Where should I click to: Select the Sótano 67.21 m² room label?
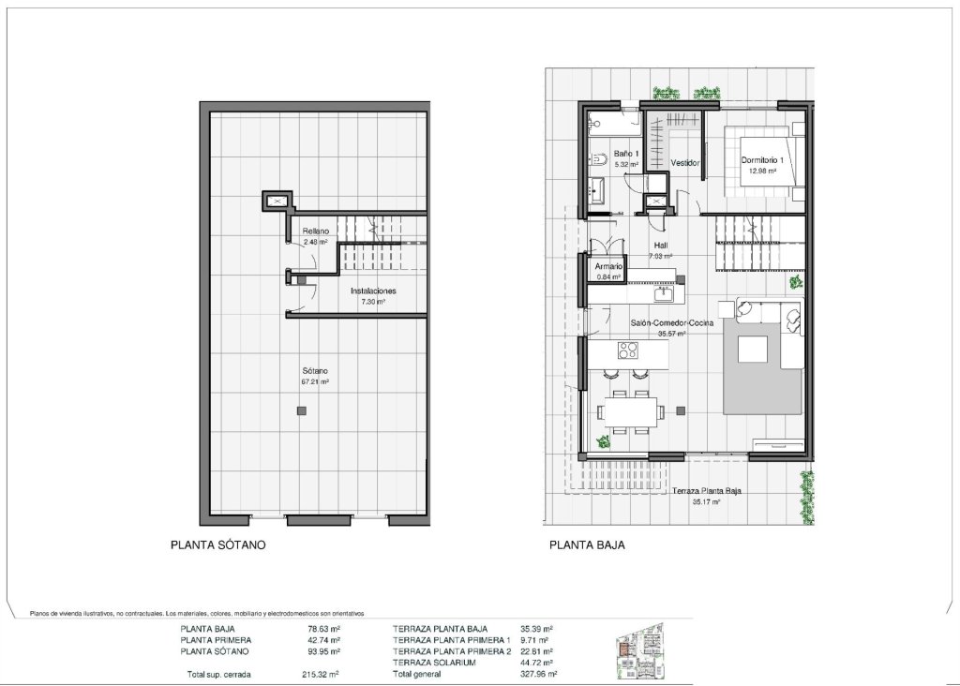coord(314,376)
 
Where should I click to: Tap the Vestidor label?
coord(686,163)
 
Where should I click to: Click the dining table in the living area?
coord(630,410)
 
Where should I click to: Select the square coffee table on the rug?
coord(757,349)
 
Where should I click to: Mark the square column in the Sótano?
coord(300,410)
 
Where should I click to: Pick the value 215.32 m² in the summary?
coord(322,674)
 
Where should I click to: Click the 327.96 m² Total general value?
coord(540,674)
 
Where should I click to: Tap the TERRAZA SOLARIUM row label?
coord(435,663)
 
